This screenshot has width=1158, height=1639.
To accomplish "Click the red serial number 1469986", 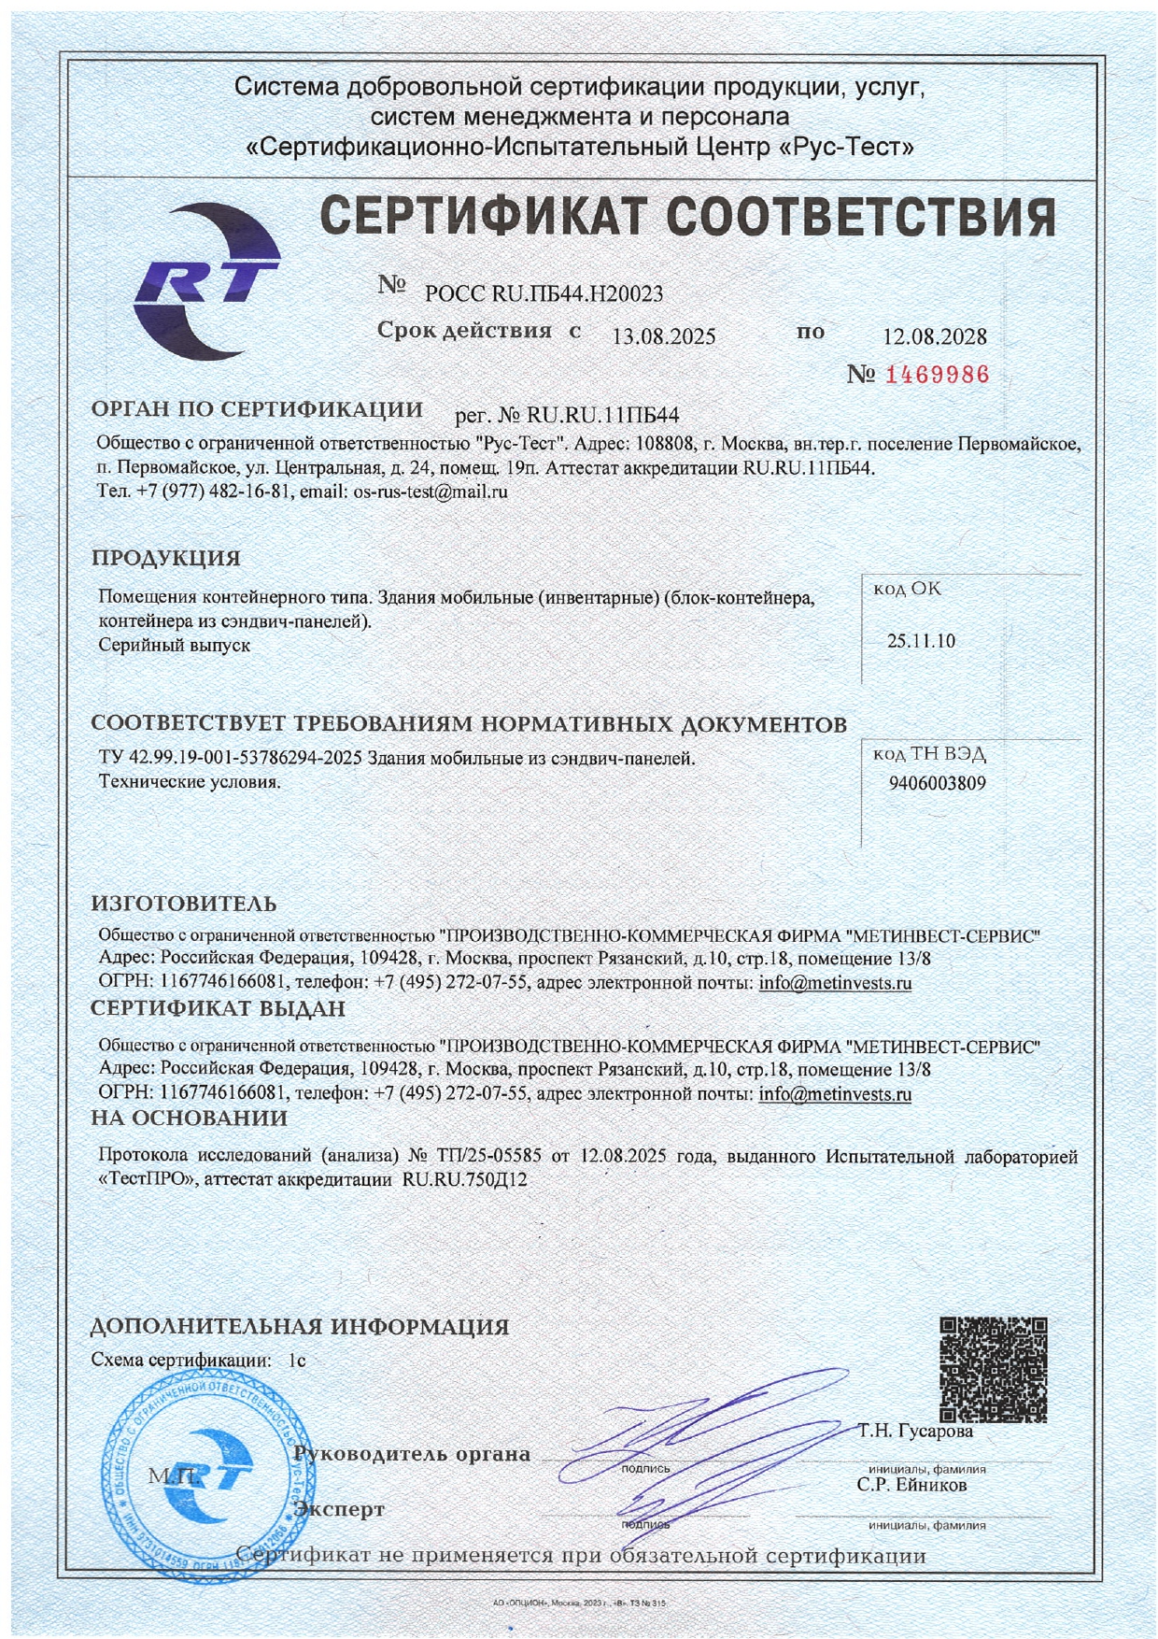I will tap(935, 376).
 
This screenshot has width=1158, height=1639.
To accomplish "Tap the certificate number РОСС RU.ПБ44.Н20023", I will tap(544, 294).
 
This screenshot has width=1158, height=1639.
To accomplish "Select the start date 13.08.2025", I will tap(663, 336).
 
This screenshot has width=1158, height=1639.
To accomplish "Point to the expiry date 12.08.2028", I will tap(935, 336).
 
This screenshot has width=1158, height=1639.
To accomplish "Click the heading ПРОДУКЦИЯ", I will tap(165, 559).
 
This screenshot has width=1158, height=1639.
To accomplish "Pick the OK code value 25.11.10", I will tap(921, 641).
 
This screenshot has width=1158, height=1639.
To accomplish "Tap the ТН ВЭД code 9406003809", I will tap(937, 783).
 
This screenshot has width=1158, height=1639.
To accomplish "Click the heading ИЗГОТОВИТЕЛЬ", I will tap(184, 904).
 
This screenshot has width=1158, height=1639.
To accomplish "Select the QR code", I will tap(993, 1370).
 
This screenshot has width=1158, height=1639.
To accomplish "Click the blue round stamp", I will tap(207, 1475).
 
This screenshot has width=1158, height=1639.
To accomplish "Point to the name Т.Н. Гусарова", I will tap(915, 1431).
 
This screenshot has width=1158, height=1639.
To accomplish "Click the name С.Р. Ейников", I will tap(912, 1485).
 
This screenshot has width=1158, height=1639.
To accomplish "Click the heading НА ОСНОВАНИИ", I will tap(189, 1119).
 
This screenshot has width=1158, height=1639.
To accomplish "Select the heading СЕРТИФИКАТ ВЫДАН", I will tap(218, 1009).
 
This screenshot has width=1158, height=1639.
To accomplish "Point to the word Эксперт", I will tap(339, 1509).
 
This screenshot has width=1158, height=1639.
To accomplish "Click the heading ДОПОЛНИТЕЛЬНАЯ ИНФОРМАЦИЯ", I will tap(300, 1327).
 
